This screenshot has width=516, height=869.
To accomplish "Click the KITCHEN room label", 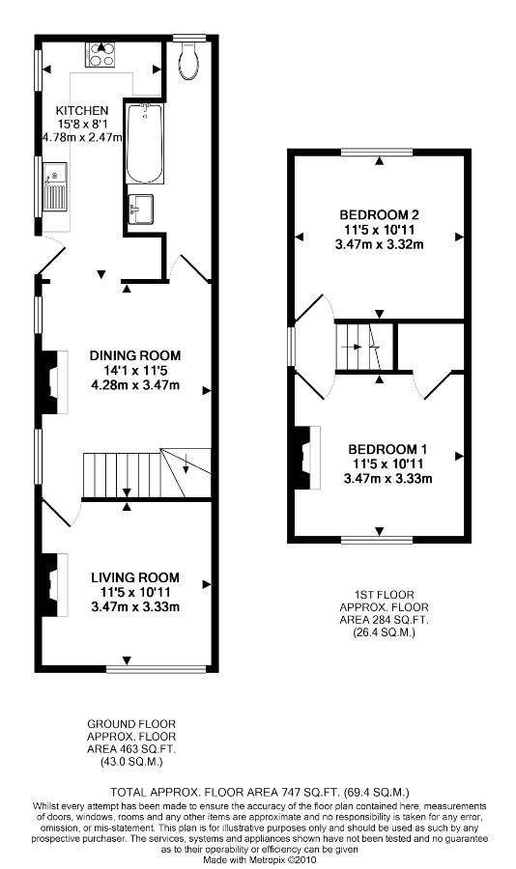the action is [82, 110].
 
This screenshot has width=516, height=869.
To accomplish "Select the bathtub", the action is [145, 144].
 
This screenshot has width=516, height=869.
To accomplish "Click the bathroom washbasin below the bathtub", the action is [141, 209].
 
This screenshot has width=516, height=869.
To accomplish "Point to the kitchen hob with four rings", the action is [100, 55].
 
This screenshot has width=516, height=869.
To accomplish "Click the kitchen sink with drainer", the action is [55, 186].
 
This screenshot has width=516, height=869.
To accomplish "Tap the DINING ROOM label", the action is [135, 355].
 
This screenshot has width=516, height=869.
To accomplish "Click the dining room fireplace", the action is [53, 382].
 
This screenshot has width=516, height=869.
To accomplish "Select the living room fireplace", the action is [53, 584].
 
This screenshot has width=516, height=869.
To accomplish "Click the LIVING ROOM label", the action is [135, 577].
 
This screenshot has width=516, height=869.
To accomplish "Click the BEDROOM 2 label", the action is [380, 214].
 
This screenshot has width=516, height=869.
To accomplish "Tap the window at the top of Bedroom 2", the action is [377, 152].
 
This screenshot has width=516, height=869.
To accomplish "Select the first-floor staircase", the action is [365, 347].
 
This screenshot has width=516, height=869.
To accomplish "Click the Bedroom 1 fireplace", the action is [307, 458].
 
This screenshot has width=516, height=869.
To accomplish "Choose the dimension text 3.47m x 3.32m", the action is [380, 244].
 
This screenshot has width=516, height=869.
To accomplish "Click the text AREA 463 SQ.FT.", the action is [131, 749].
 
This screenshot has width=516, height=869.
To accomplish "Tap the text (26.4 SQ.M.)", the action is [384, 631].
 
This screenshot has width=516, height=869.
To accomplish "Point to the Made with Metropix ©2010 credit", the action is [259, 860].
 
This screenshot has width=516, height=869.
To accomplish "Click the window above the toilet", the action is [188, 39].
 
